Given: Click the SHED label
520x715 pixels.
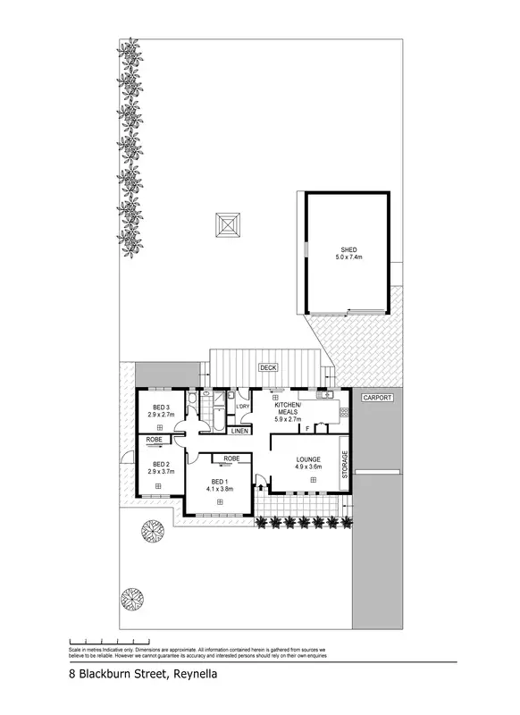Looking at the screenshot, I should click(x=348, y=249).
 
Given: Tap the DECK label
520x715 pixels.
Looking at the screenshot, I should click(x=267, y=367).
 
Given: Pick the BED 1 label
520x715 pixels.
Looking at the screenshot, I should click(x=218, y=482).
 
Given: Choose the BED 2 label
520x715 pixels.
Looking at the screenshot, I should click(x=161, y=464).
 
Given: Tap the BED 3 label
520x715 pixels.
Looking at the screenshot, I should click(x=161, y=408).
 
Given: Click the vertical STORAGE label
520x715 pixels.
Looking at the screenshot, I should click(x=345, y=464).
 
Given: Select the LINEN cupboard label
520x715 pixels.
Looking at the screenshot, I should click(x=239, y=432).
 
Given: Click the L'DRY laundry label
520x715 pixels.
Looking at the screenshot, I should click(x=242, y=408).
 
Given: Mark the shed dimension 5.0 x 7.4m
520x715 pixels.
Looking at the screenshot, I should click(x=348, y=257).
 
